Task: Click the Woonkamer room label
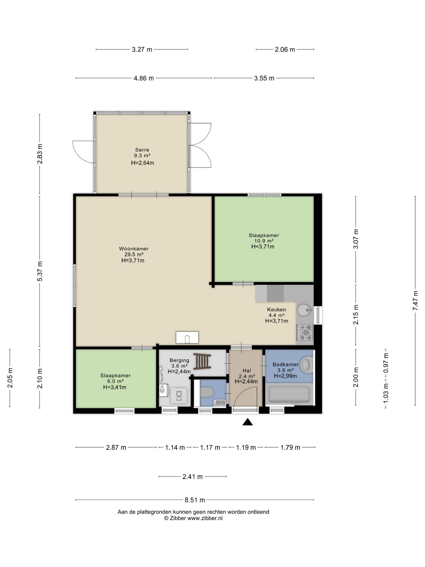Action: point(134,249)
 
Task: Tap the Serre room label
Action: point(142,150)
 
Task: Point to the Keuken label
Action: point(277,309)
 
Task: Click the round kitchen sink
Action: point(304,309)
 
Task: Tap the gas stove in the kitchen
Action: point(305,333)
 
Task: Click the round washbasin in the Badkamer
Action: point(307,364)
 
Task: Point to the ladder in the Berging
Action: point(202,361)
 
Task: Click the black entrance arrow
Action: point(248,422)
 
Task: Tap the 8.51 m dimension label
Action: point(195,500)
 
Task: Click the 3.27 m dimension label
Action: point(142,50)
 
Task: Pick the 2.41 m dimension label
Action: point(193,477)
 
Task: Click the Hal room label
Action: point(247,371)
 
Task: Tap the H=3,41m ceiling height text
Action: point(115,387)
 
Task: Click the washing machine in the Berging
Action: point(179,395)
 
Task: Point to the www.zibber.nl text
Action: point(205,518)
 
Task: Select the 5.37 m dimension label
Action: point(40,271)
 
